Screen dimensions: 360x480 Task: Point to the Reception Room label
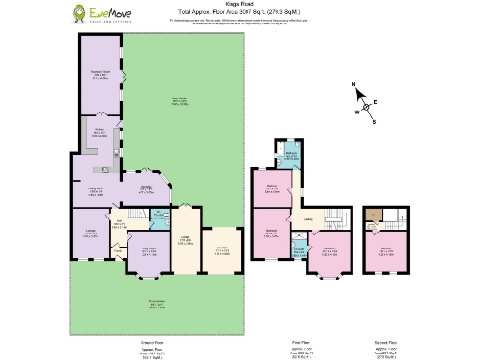(100, 75)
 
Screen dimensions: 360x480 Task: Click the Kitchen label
(97, 132)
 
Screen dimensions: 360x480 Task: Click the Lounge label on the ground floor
(91, 233)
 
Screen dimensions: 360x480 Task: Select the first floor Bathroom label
(292, 156)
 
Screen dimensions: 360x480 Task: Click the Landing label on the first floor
(307, 221)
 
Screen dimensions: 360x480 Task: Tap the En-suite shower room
(298, 249)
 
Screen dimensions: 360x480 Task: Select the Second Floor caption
(385, 343)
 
